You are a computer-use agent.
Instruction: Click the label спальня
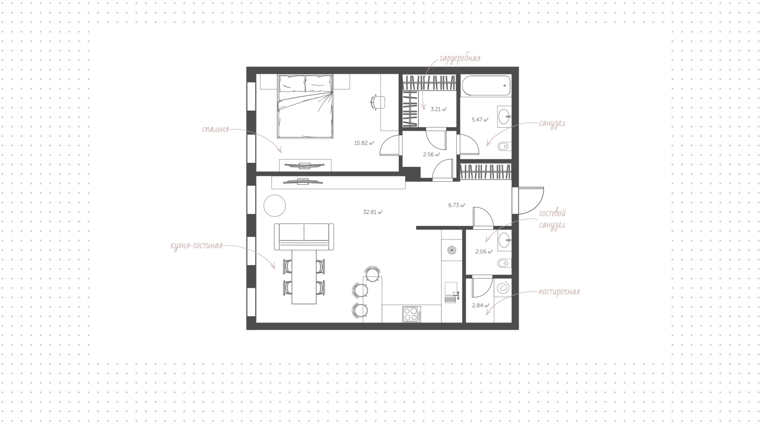(216, 130)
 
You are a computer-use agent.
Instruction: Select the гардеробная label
(459, 59)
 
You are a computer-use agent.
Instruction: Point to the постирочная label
(559, 292)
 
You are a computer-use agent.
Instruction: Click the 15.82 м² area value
(364, 143)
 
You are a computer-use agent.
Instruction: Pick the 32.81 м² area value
(373, 212)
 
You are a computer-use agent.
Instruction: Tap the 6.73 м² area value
(457, 205)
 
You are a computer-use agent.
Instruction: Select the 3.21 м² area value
(439, 109)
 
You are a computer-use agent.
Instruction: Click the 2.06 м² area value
(484, 252)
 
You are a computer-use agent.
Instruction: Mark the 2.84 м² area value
(480, 305)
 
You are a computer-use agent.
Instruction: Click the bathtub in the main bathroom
(486, 86)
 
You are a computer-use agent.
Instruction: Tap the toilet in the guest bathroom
(503, 263)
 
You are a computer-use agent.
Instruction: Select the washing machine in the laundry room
(503, 287)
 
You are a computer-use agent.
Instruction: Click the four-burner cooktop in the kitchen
(411, 314)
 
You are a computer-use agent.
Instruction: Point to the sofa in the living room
(304, 236)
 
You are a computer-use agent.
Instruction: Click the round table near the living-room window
(275, 206)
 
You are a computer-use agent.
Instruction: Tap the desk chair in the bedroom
(378, 102)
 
